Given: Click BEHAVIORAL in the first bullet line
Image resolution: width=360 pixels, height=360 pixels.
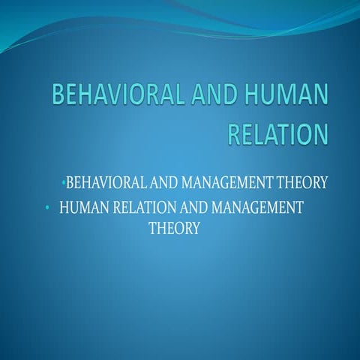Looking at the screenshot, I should click(102, 181).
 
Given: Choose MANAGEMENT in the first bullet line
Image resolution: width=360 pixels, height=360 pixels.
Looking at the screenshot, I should click(218, 181).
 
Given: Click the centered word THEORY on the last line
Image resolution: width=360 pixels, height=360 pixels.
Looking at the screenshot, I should click(174, 228).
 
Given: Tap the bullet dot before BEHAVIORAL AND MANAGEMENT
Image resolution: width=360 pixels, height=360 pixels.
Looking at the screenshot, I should click(64, 182).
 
